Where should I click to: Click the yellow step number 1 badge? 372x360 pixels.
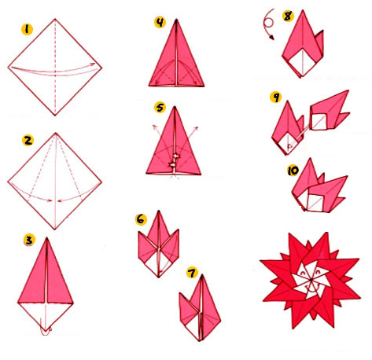click(x=28, y=30)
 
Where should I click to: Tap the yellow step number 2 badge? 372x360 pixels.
click(x=28, y=141)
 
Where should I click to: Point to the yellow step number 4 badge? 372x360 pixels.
click(x=160, y=23)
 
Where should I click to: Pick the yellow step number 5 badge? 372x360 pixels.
click(x=160, y=106)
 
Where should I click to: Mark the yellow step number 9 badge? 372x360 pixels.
click(x=274, y=97)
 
